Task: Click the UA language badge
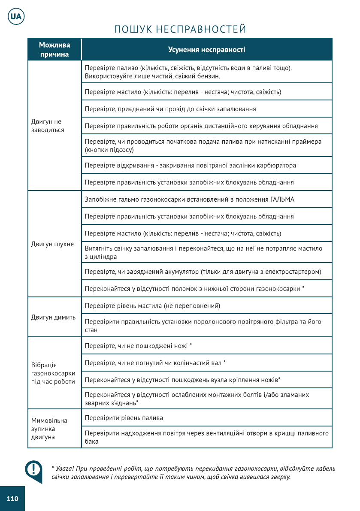16,17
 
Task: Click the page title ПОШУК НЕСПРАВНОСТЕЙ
180,29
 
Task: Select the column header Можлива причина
54,50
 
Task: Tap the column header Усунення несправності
206,50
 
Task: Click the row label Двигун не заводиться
47,126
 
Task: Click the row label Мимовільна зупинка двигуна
49,429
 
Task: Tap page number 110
12,499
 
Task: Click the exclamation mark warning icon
33,470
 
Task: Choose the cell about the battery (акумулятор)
203,272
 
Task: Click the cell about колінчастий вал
155,363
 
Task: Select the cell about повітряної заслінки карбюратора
190,165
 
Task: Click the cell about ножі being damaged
138,346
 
